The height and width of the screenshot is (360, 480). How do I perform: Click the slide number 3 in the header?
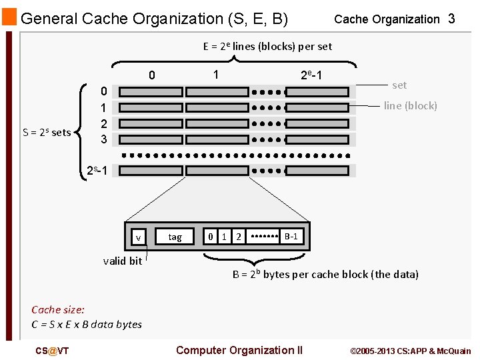pos(451,19)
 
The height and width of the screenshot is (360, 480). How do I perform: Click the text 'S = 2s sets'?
pos(47,132)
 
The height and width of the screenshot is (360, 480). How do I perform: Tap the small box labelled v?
pos(138,237)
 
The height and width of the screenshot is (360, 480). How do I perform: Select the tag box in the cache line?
pos(175,237)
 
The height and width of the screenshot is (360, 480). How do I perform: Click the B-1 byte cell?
pos(291,237)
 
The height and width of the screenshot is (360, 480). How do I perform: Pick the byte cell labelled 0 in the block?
pos(211,237)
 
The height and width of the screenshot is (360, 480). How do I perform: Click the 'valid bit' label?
pos(123,261)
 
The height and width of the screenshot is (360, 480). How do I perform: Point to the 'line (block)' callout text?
pos(411,105)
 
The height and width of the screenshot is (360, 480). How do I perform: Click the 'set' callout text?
pos(399,85)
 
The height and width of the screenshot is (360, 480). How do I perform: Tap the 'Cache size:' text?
pos(58,309)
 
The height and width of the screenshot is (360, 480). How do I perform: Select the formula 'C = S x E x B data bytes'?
pos(87,324)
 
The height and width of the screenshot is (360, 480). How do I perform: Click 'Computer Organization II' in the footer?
pos(239,350)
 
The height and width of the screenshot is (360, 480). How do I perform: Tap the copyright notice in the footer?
pos(410,351)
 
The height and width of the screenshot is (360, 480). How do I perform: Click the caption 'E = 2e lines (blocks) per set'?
pos(267,46)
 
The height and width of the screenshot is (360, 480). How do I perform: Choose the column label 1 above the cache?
pos(215,75)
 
